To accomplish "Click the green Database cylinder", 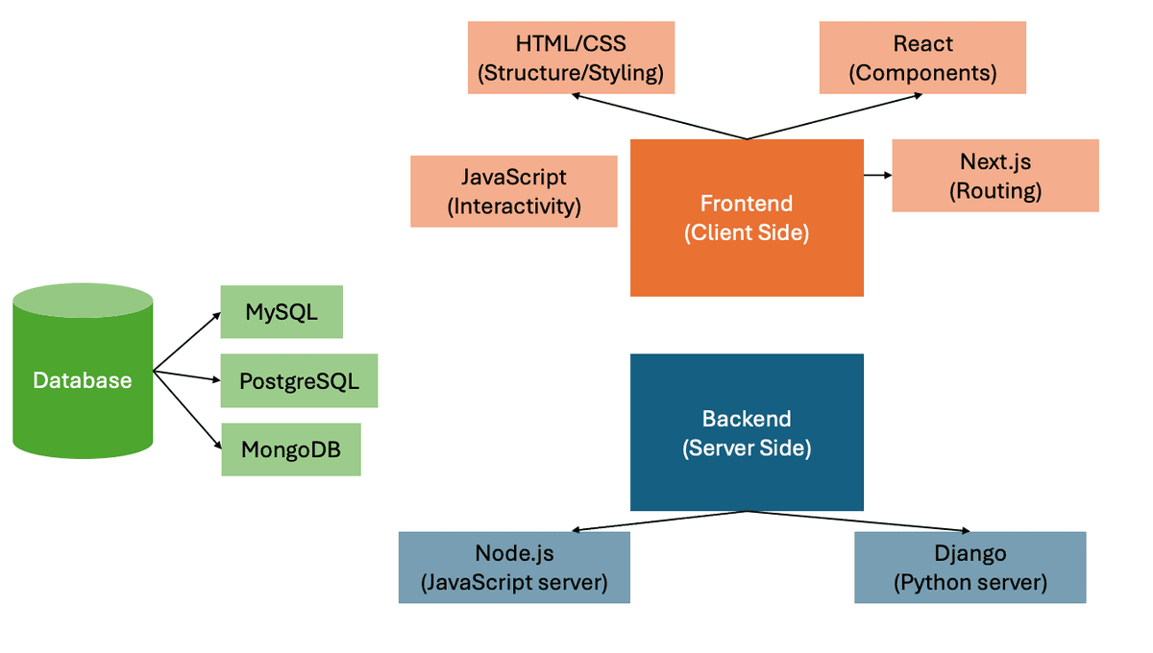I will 83,379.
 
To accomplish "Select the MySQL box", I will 282,312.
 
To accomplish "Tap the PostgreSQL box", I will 299,381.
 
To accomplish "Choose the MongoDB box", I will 291,449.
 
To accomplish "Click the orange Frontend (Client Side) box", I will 747,218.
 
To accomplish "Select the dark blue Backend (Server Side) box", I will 747,432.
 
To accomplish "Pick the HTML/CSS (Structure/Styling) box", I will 571,58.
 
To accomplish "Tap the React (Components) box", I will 922,58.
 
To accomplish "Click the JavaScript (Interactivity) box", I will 513,191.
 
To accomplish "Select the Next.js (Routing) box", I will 995,176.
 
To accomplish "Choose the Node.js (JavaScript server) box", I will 514,568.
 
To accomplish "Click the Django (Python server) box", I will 969,568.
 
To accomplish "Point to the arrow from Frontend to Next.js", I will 877,175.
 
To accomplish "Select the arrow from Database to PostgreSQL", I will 188,375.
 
